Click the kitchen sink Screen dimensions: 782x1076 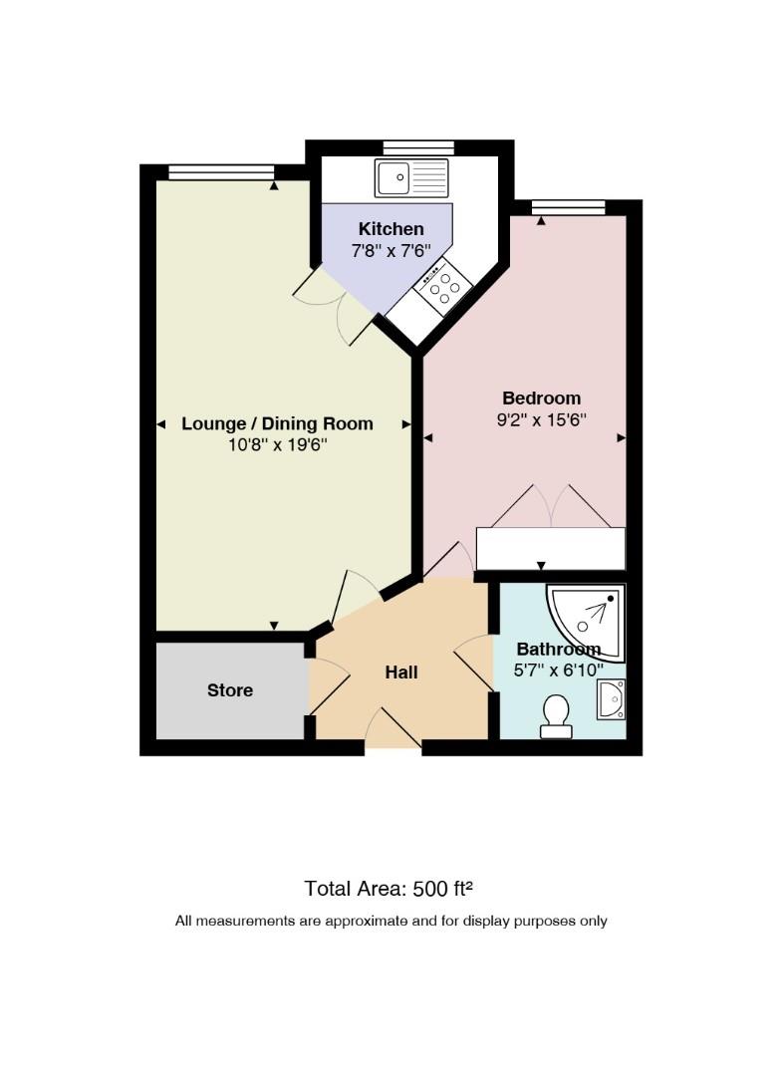click(x=410, y=177)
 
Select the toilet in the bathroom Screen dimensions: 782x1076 click(x=556, y=716)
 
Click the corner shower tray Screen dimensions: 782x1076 click(x=587, y=623)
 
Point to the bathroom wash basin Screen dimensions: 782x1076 click(x=611, y=699)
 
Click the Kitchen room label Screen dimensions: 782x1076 click(x=391, y=228)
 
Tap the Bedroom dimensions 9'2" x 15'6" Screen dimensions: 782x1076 click(x=541, y=419)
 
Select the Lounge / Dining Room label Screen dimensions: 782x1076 click(x=277, y=423)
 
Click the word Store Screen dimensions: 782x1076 click(x=230, y=689)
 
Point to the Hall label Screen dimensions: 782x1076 click(x=401, y=672)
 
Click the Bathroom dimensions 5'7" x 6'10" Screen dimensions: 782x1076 click(x=559, y=670)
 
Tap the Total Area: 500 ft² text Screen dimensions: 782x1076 click(x=389, y=889)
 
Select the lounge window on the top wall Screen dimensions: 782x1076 click(x=221, y=172)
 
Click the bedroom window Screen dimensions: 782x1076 click(x=569, y=207)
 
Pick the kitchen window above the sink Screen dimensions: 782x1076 click(x=418, y=147)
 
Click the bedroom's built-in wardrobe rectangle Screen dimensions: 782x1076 click(x=551, y=548)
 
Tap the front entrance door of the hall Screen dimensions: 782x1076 click(x=393, y=728)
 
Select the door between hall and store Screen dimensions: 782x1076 click(x=330, y=686)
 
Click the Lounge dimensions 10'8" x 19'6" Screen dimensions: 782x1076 click(x=277, y=444)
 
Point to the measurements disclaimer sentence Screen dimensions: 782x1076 click(x=391, y=921)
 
